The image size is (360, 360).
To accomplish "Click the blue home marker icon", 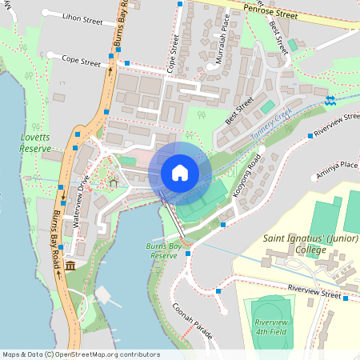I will tap(179, 172).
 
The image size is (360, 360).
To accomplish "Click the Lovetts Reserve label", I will tap(36, 142).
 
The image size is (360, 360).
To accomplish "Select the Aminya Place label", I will tap(337, 165).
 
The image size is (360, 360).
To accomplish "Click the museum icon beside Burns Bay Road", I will tap(70, 266).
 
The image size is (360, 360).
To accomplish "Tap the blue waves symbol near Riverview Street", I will tap(330, 100).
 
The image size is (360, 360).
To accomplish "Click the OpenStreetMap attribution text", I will tap(80, 354).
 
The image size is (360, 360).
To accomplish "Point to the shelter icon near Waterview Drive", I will tap(114, 183).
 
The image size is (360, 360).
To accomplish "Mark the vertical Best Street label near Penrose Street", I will tap(278, 36).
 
